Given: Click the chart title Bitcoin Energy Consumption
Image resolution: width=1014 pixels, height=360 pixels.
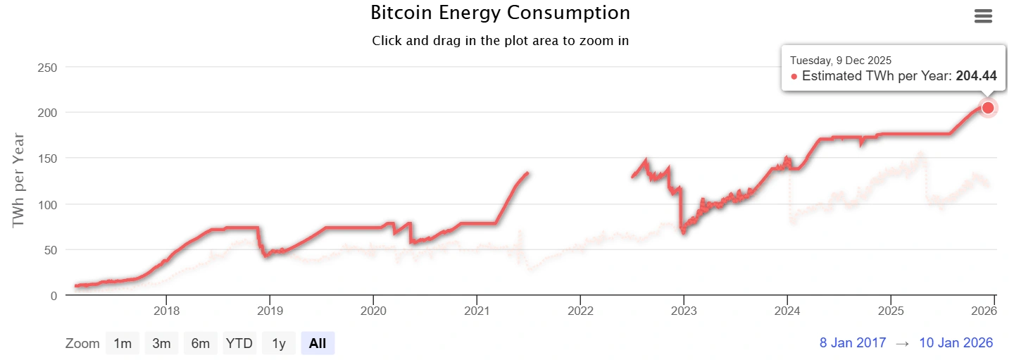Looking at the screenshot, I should pyautogui.click(x=500, y=13).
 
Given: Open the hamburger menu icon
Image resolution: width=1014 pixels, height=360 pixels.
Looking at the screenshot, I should pyautogui.click(x=983, y=16).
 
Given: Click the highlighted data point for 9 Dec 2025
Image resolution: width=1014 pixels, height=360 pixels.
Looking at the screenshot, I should pyautogui.click(x=988, y=108).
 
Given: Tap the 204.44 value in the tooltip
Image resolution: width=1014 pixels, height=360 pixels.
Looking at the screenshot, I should pyautogui.click(x=976, y=76).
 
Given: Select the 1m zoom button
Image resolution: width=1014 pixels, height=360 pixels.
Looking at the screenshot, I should pyautogui.click(x=123, y=343).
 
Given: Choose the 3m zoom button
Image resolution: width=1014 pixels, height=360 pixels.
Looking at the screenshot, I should pyautogui.click(x=162, y=343).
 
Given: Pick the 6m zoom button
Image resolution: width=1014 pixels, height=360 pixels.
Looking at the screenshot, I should pyautogui.click(x=201, y=343).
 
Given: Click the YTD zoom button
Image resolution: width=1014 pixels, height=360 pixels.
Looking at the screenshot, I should pyautogui.click(x=239, y=343).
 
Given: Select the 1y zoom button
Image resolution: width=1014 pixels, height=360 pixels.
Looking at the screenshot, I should pyautogui.click(x=279, y=343).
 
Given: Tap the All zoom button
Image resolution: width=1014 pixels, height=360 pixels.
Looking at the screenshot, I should pyautogui.click(x=318, y=343).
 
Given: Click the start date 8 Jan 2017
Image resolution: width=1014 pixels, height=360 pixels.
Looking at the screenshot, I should pyautogui.click(x=852, y=343).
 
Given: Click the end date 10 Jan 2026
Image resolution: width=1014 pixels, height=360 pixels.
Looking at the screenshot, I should pyautogui.click(x=956, y=343).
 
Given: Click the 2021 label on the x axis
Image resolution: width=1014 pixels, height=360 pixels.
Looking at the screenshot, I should pyautogui.click(x=477, y=311).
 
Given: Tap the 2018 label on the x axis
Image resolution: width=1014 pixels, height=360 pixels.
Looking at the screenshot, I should pyautogui.click(x=166, y=311).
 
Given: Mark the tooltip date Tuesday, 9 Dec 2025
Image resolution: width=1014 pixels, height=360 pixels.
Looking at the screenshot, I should pyautogui.click(x=841, y=61).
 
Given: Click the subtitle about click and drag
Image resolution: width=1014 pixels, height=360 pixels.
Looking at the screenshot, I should pyautogui.click(x=500, y=40).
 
